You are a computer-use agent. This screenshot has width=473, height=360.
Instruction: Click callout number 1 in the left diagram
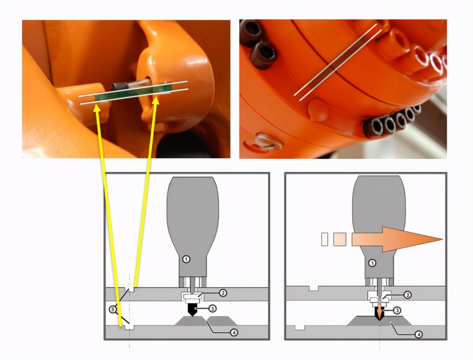(x=186, y=259)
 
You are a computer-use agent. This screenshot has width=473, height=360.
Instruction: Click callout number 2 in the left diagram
(x=222, y=293)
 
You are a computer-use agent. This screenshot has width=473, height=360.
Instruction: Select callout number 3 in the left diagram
(x=212, y=309)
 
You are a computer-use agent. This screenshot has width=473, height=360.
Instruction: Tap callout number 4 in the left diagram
(x=234, y=333)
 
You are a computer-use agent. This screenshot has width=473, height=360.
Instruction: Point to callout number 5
(x=113, y=309)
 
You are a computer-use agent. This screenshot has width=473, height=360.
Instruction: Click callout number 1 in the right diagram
(x=372, y=263)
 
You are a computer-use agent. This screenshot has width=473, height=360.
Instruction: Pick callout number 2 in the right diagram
(x=407, y=295)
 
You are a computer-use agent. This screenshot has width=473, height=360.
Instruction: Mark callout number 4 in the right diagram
(x=418, y=334)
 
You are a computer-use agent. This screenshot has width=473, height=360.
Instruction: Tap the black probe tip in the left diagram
(x=191, y=310)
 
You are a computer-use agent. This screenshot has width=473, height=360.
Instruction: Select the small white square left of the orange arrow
(x=325, y=239)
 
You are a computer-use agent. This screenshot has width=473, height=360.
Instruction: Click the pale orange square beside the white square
(x=340, y=239)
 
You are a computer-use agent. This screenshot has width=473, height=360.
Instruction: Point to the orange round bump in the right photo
(x=317, y=110)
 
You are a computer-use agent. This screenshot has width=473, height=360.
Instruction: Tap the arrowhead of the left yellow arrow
(x=97, y=108)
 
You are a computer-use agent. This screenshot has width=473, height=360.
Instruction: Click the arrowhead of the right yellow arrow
(x=156, y=101)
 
